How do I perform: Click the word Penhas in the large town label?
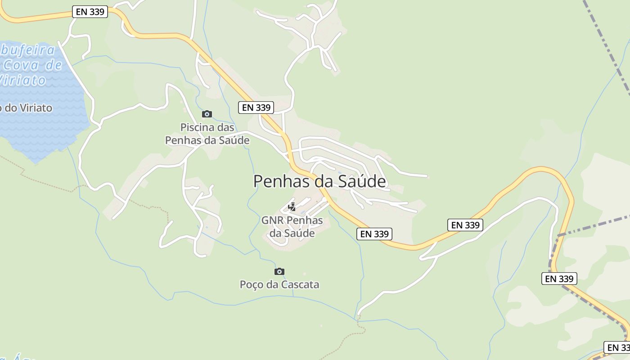[282, 181]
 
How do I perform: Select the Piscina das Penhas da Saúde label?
[207, 134]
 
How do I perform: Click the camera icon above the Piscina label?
[207, 114]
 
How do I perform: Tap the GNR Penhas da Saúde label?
[292, 227]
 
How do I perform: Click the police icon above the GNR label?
[292, 207]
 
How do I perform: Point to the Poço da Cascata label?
[279, 284]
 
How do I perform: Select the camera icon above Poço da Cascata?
[279, 271]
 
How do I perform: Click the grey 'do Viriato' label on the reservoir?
[27, 108]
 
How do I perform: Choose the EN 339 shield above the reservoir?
[90, 12]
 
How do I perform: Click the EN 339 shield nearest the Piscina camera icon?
[256, 107]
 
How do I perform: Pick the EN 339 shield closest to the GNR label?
[374, 234]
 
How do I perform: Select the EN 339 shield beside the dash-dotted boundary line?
[559, 279]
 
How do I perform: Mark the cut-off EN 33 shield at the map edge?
[617, 347]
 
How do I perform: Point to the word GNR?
[272, 220]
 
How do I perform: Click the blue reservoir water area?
[40, 130]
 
